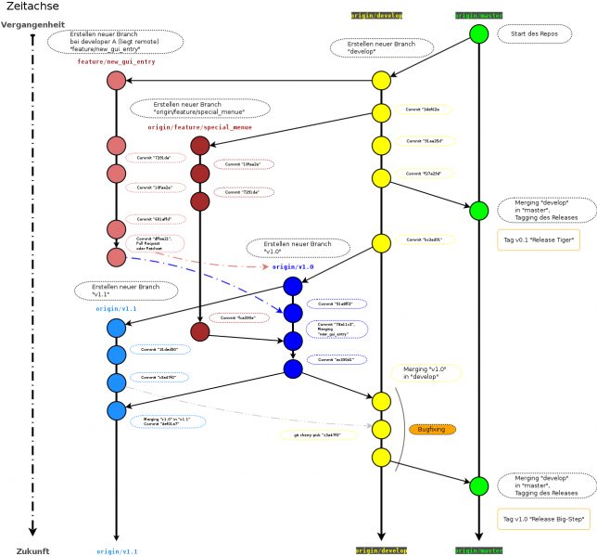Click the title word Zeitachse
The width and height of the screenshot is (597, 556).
(32, 6)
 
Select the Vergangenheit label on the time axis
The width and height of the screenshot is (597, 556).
(33, 25)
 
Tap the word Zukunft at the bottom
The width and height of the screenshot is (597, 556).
(32, 551)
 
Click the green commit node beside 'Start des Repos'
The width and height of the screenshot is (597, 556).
(478, 34)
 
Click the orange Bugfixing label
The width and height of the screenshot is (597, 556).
(432, 430)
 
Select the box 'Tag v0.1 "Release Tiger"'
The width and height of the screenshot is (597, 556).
(539, 240)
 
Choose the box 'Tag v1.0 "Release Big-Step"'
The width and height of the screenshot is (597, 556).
(543, 518)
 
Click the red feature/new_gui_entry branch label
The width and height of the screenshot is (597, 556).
(116, 62)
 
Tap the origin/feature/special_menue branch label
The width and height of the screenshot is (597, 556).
(199, 127)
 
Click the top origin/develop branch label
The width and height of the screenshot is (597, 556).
(376, 16)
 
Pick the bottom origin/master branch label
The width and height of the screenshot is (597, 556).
(478, 550)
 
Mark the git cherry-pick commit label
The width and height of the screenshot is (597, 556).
(318, 434)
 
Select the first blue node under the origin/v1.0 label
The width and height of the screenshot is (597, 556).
(293, 286)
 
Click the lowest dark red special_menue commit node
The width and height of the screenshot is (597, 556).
(200, 331)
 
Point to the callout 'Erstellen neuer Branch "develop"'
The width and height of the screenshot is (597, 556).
(381, 47)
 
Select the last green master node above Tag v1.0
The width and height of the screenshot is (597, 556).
(478, 485)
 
